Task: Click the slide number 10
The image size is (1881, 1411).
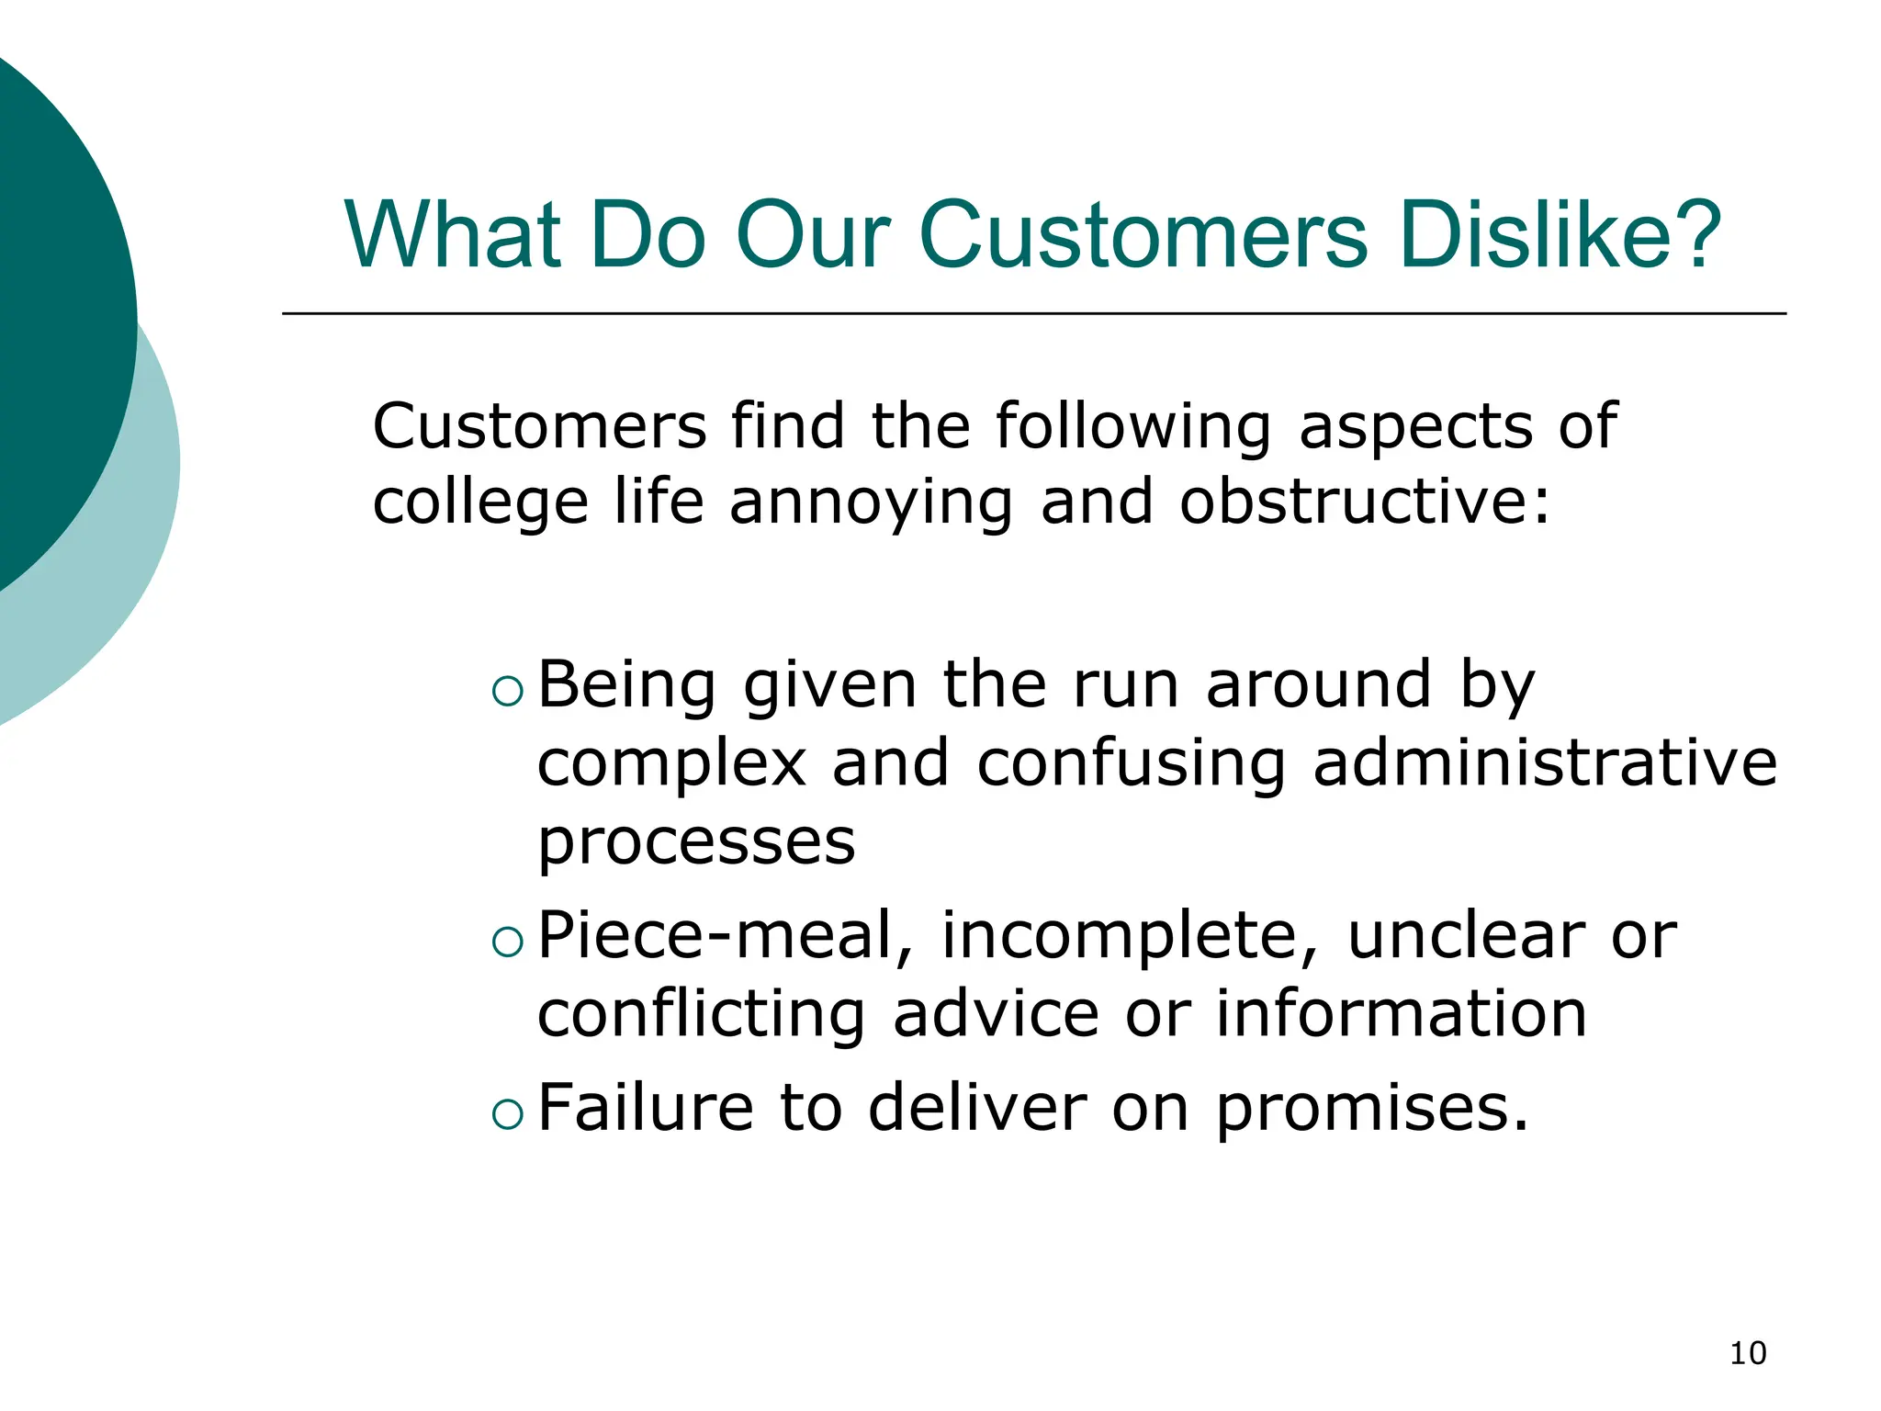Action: click(1747, 1353)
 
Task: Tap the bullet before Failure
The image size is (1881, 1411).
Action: click(507, 1113)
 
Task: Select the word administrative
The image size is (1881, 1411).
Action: click(1545, 763)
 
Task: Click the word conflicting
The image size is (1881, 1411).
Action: click(701, 1015)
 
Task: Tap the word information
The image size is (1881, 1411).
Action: click(1402, 1014)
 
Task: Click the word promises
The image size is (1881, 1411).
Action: click(1372, 1109)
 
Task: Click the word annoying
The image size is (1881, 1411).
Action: click(871, 504)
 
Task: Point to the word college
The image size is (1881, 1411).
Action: click(479, 504)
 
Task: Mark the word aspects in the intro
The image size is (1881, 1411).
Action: click(1415, 428)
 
